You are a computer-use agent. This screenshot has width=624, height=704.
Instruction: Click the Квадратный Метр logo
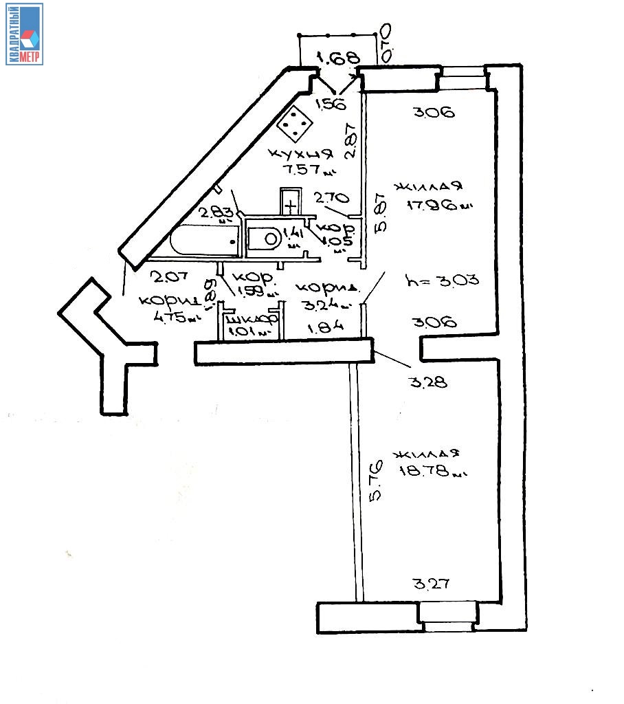pyautogui.click(x=25, y=34)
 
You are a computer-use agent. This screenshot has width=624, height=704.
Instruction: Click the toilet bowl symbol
pyautogui.click(x=267, y=239)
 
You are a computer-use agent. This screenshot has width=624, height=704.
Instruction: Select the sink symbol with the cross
pyautogui.click(x=291, y=204)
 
